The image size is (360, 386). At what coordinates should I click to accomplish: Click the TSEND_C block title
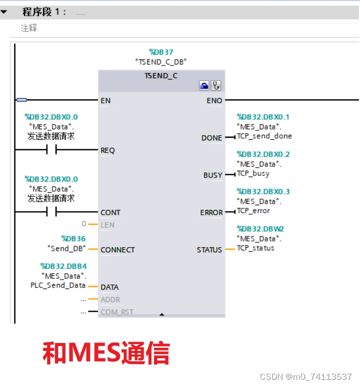click(161, 76)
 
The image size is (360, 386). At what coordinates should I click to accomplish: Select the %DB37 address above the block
click(161, 52)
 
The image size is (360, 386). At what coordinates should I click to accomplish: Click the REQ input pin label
click(107, 150)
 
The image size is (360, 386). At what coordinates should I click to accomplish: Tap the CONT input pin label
click(111, 212)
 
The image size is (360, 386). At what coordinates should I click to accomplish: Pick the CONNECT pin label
click(117, 250)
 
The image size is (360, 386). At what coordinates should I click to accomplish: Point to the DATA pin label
click(110, 287)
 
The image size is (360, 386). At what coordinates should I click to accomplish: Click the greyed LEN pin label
click(107, 225)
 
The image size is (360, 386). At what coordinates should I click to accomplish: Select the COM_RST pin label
click(117, 312)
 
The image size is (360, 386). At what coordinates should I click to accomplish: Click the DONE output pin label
click(212, 138)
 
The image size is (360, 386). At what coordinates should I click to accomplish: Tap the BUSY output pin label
click(213, 175)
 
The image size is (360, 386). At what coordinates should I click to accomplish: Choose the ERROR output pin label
click(211, 213)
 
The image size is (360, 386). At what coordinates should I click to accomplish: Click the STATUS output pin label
click(209, 250)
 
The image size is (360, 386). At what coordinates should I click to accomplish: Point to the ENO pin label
click(214, 101)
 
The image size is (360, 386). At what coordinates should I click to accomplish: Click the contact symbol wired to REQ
click(51, 150)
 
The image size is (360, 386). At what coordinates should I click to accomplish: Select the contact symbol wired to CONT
click(51, 212)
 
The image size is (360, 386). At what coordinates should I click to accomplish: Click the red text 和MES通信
click(106, 354)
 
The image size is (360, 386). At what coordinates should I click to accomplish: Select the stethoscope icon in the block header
click(216, 85)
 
